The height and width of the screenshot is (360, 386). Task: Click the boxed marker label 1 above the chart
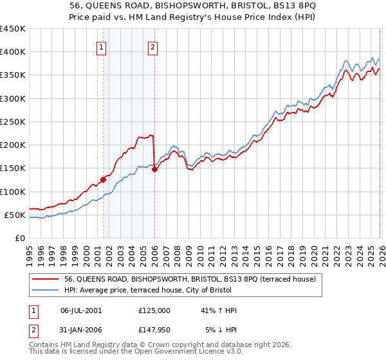(102, 46)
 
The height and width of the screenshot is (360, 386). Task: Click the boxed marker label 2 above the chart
(152, 46)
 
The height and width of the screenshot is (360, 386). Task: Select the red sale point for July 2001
(103, 180)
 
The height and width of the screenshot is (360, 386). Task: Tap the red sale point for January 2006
(155, 170)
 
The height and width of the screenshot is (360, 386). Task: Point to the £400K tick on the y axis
(14, 52)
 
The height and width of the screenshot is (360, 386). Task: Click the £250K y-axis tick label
(14, 122)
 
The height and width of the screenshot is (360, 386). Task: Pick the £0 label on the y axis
(20, 238)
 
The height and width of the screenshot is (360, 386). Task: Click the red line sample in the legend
(46, 280)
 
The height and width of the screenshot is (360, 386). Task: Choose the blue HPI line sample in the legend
(46, 291)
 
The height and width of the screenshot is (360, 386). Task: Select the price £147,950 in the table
(154, 330)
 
